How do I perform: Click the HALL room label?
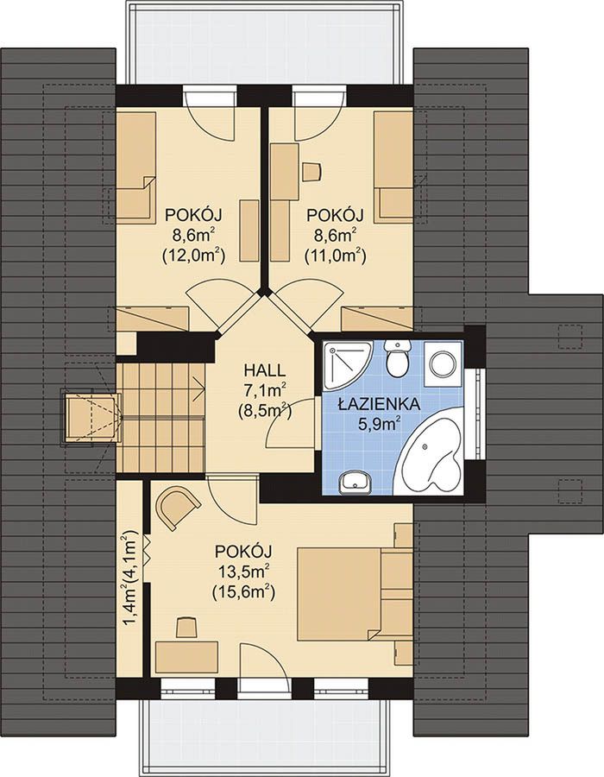click(264, 370)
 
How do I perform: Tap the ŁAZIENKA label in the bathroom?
click(379, 404)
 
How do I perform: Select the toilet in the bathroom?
click(399, 357)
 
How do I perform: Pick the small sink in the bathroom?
click(355, 482)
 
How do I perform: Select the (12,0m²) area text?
click(193, 255)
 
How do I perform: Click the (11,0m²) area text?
click(336, 255)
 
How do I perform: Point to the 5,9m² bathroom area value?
click(379, 424)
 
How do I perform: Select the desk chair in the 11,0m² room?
click(311, 172)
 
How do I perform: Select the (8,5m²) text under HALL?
click(264, 410)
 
